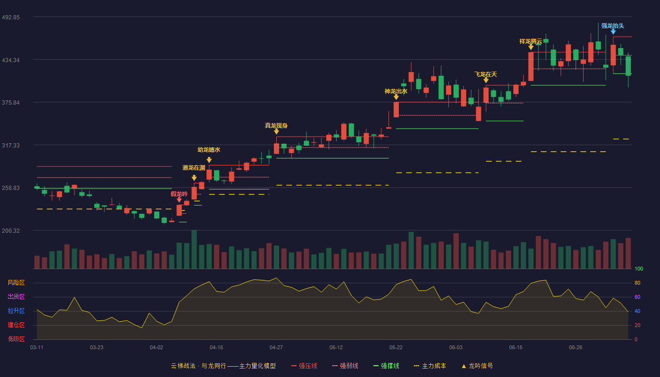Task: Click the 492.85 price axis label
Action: click(x=11, y=17)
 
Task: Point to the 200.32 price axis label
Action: click(x=11, y=230)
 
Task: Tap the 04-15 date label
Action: click(x=216, y=348)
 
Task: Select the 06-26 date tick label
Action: click(x=576, y=348)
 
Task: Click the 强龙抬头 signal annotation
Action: click(x=612, y=26)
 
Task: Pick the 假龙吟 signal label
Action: click(x=179, y=194)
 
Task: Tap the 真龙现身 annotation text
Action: click(x=276, y=126)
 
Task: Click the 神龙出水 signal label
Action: click(x=396, y=91)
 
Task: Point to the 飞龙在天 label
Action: click(x=486, y=74)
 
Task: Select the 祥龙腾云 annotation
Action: click(x=531, y=41)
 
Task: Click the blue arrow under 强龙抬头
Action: click(x=613, y=32)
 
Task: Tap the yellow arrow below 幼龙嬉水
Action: click(x=209, y=160)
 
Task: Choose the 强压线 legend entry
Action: click(x=304, y=366)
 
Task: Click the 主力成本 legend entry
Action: click(x=430, y=366)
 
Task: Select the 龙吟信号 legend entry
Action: click(x=477, y=366)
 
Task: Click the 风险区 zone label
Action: click(x=16, y=283)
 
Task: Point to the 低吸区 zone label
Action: click(x=16, y=339)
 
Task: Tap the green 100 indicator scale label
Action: click(x=639, y=269)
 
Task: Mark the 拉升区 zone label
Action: click(x=16, y=311)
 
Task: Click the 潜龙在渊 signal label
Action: click(x=194, y=168)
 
